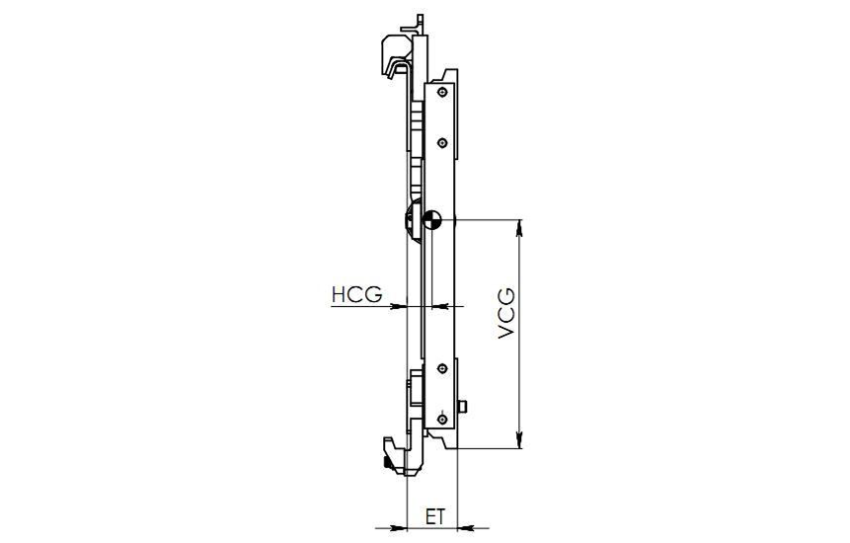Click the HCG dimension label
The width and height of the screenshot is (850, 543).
(356, 294)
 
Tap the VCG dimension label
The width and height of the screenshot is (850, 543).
(506, 314)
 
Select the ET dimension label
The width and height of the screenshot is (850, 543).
(434, 517)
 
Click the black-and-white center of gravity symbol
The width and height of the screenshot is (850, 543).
(432, 219)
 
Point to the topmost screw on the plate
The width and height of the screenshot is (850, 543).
(443, 92)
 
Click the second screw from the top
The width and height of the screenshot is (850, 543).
(443, 143)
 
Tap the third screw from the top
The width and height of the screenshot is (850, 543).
(443, 369)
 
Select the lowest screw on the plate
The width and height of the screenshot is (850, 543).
(443, 420)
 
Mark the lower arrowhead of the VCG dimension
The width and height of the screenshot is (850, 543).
(519, 440)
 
